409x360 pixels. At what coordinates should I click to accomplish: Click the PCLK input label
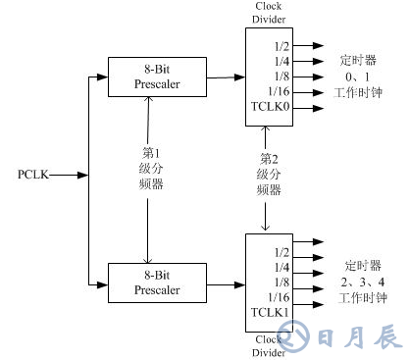click(30, 175)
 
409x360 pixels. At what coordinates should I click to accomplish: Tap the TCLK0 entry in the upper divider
click(270, 106)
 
